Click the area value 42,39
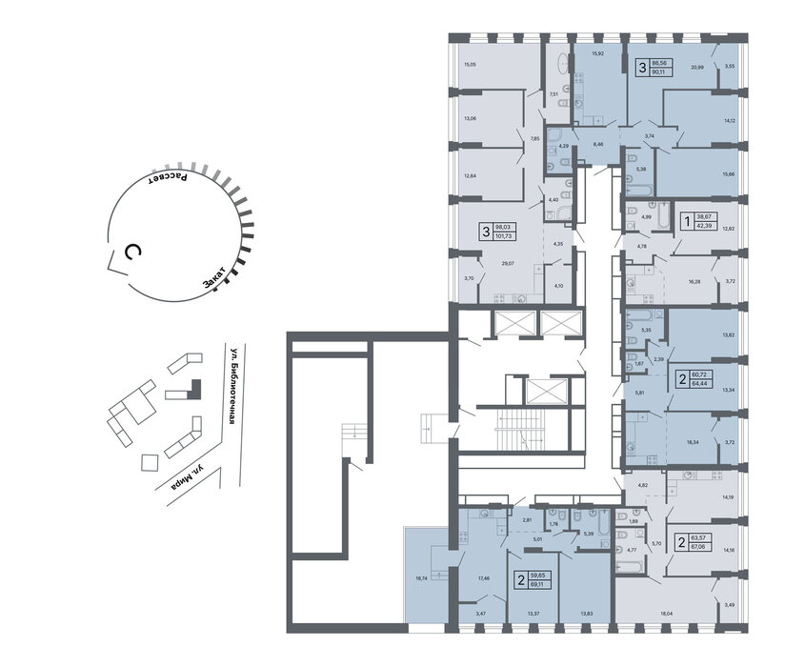coord(708,225)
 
